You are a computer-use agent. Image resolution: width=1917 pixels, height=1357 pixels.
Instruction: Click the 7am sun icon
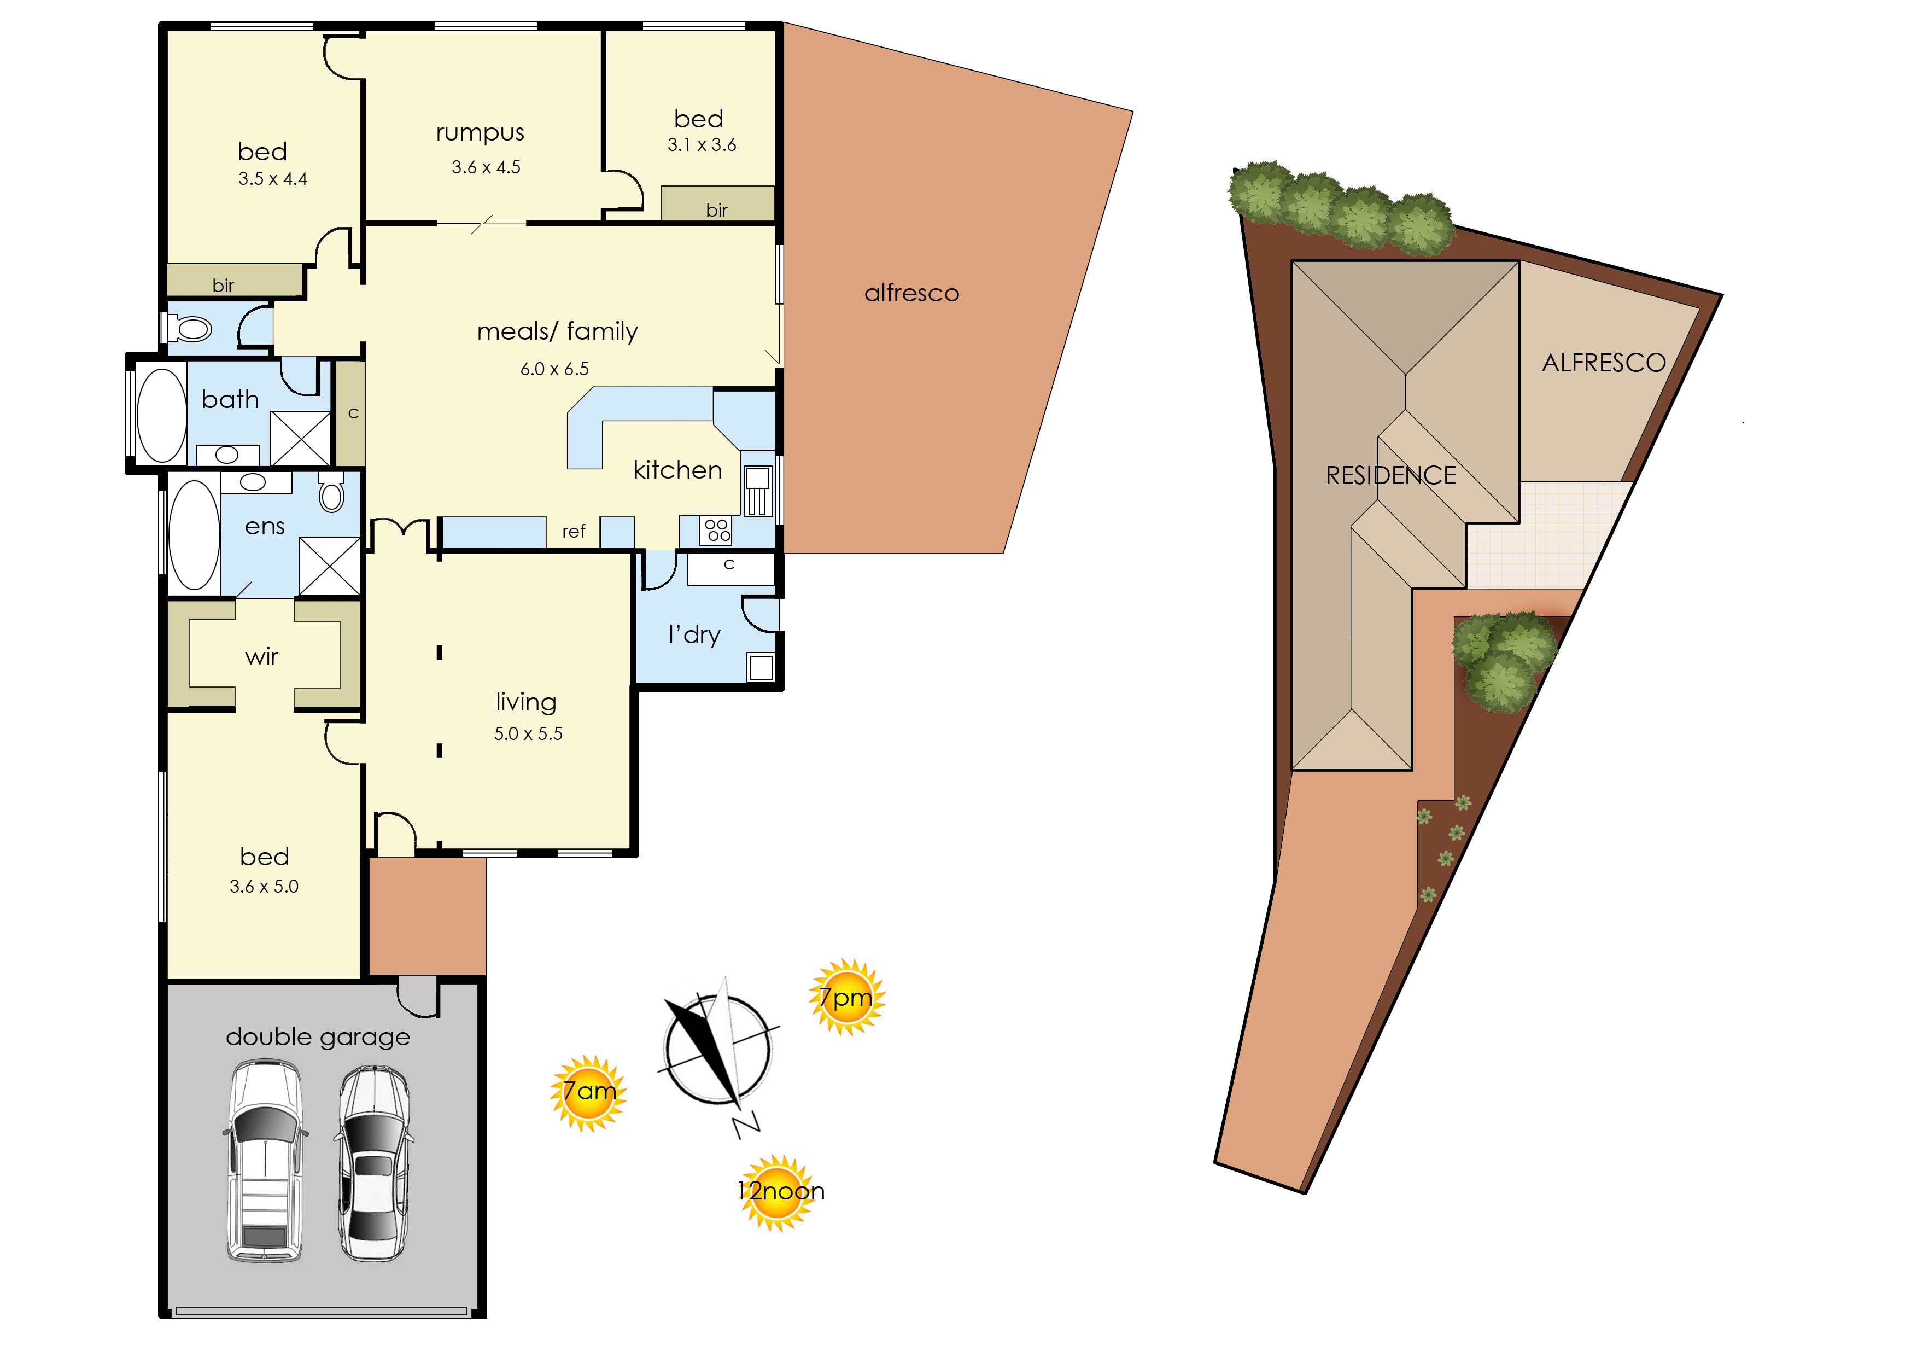tap(589, 1093)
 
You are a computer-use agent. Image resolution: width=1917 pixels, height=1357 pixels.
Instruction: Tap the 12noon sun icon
tap(779, 1192)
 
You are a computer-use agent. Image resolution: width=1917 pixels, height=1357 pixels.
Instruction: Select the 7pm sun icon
tap(846, 998)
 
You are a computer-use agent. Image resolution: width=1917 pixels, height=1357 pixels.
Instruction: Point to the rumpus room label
tap(480, 133)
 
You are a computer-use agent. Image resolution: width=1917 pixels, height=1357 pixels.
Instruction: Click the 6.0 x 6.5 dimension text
tap(554, 369)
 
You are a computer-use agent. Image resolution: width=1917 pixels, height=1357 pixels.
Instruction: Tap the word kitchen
tap(677, 470)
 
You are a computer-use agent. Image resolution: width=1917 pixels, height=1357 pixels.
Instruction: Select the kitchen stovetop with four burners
tap(717, 530)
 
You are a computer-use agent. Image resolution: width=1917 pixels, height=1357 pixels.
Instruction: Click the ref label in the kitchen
tap(574, 532)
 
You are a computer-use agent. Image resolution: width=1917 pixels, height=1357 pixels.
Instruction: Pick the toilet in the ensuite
tap(331, 492)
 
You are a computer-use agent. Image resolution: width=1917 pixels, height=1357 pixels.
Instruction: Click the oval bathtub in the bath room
tap(162, 415)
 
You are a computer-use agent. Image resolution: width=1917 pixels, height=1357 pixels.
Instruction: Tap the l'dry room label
tap(694, 635)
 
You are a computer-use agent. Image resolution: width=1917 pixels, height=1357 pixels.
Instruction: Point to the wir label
tap(261, 657)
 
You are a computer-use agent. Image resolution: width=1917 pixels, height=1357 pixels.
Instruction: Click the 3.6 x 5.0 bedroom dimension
tap(264, 887)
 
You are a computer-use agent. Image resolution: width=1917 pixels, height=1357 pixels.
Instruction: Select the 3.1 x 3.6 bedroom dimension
tap(702, 145)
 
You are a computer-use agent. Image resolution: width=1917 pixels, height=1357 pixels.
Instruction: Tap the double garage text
tap(318, 1038)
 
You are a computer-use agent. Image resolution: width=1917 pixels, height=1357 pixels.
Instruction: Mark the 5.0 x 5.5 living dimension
tap(528, 733)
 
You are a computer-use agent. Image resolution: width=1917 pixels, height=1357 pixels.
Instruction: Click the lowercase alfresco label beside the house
tap(911, 293)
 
